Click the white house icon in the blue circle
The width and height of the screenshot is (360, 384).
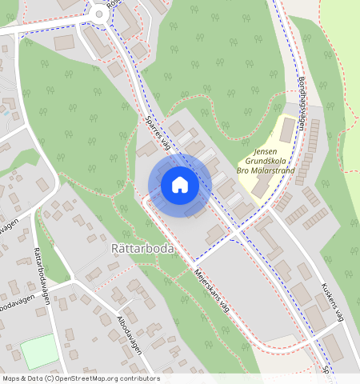[180, 185]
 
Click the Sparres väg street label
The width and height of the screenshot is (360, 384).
[159, 130]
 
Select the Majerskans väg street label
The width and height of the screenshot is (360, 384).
[211, 291]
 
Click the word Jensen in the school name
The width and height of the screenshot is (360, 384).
[266, 151]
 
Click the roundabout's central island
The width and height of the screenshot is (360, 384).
[99, 12]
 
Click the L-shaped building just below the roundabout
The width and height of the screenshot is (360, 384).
[100, 42]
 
